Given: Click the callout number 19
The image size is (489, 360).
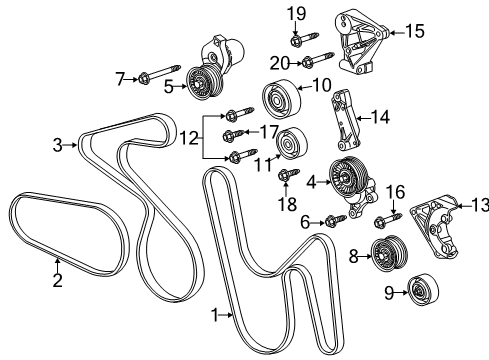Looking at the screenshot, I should click(x=296, y=13).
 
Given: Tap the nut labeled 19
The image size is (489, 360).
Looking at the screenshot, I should click(x=296, y=40).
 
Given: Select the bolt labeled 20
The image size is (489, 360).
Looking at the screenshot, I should click(x=308, y=62).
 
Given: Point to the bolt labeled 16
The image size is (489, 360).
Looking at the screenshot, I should click(x=387, y=215).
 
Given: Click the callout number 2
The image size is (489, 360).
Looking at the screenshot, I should click(x=57, y=280).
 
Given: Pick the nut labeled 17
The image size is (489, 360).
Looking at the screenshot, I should click(x=231, y=134).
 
